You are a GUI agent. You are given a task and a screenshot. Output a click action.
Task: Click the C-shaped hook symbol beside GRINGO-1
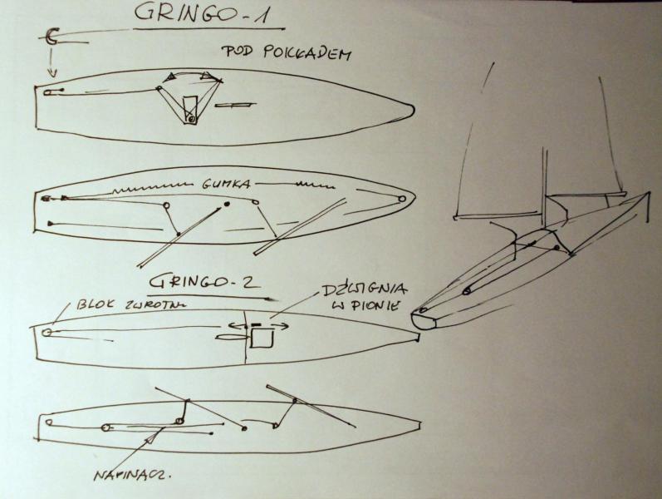51,36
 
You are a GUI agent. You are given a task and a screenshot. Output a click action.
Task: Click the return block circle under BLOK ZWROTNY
47,332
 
